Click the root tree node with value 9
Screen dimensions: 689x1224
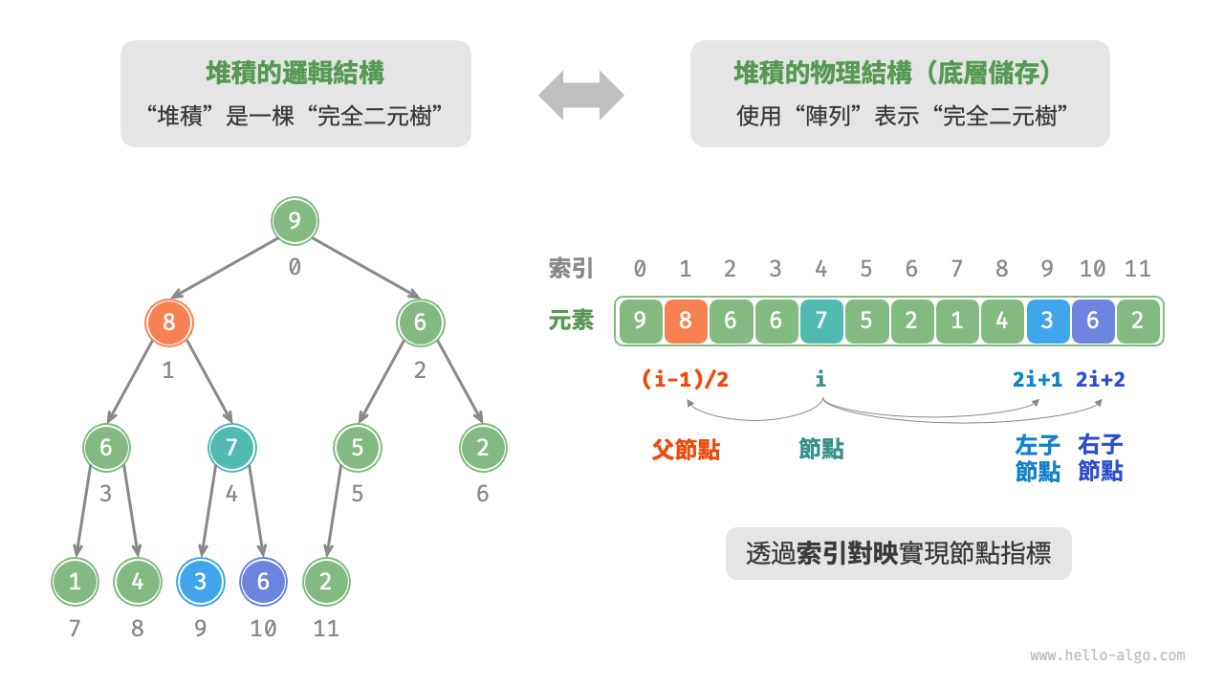coord(295,222)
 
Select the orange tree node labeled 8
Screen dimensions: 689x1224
coord(169,322)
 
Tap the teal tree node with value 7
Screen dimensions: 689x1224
coord(231,448)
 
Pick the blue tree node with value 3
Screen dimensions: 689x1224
coord(200,582)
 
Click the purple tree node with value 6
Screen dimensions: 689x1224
coord(263,582)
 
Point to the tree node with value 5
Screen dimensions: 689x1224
coord(358,448)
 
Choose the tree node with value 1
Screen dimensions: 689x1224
coord(75,582)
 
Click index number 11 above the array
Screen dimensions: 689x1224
coord(1137,269)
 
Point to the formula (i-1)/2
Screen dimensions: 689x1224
coord(685,379)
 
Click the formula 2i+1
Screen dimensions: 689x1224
coord(1038,379)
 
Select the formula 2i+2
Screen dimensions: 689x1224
coord(1101,379)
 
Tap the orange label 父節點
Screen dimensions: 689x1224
coord(686,450)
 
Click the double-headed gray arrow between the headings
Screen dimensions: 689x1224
coord(580,95)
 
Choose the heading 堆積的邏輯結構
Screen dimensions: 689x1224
coord(295,73)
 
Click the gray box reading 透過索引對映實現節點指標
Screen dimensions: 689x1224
coord(898,554)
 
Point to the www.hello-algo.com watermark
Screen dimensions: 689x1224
coord(1107,656)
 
